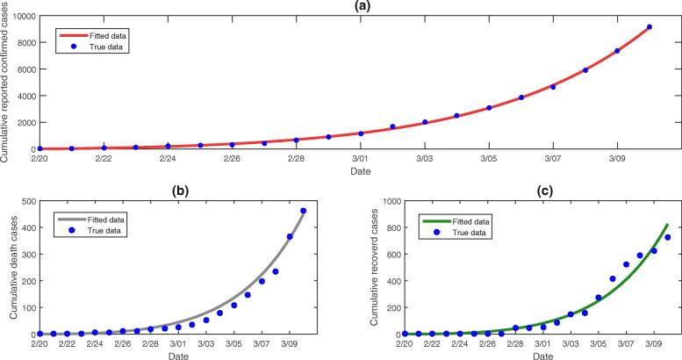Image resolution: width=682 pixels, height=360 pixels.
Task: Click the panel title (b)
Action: pos(177,193)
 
